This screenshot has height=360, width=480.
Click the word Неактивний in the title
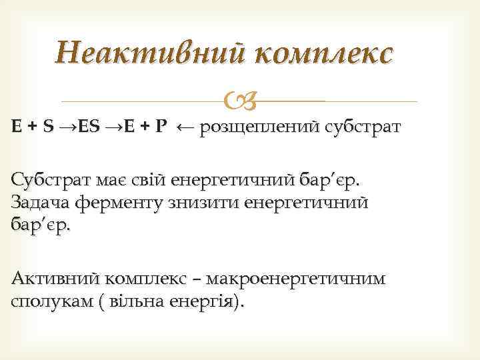point(144,52)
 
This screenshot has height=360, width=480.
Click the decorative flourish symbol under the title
point(240,101)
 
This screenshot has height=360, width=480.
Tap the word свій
point(151,180)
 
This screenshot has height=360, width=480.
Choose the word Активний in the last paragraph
point(50,279)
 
